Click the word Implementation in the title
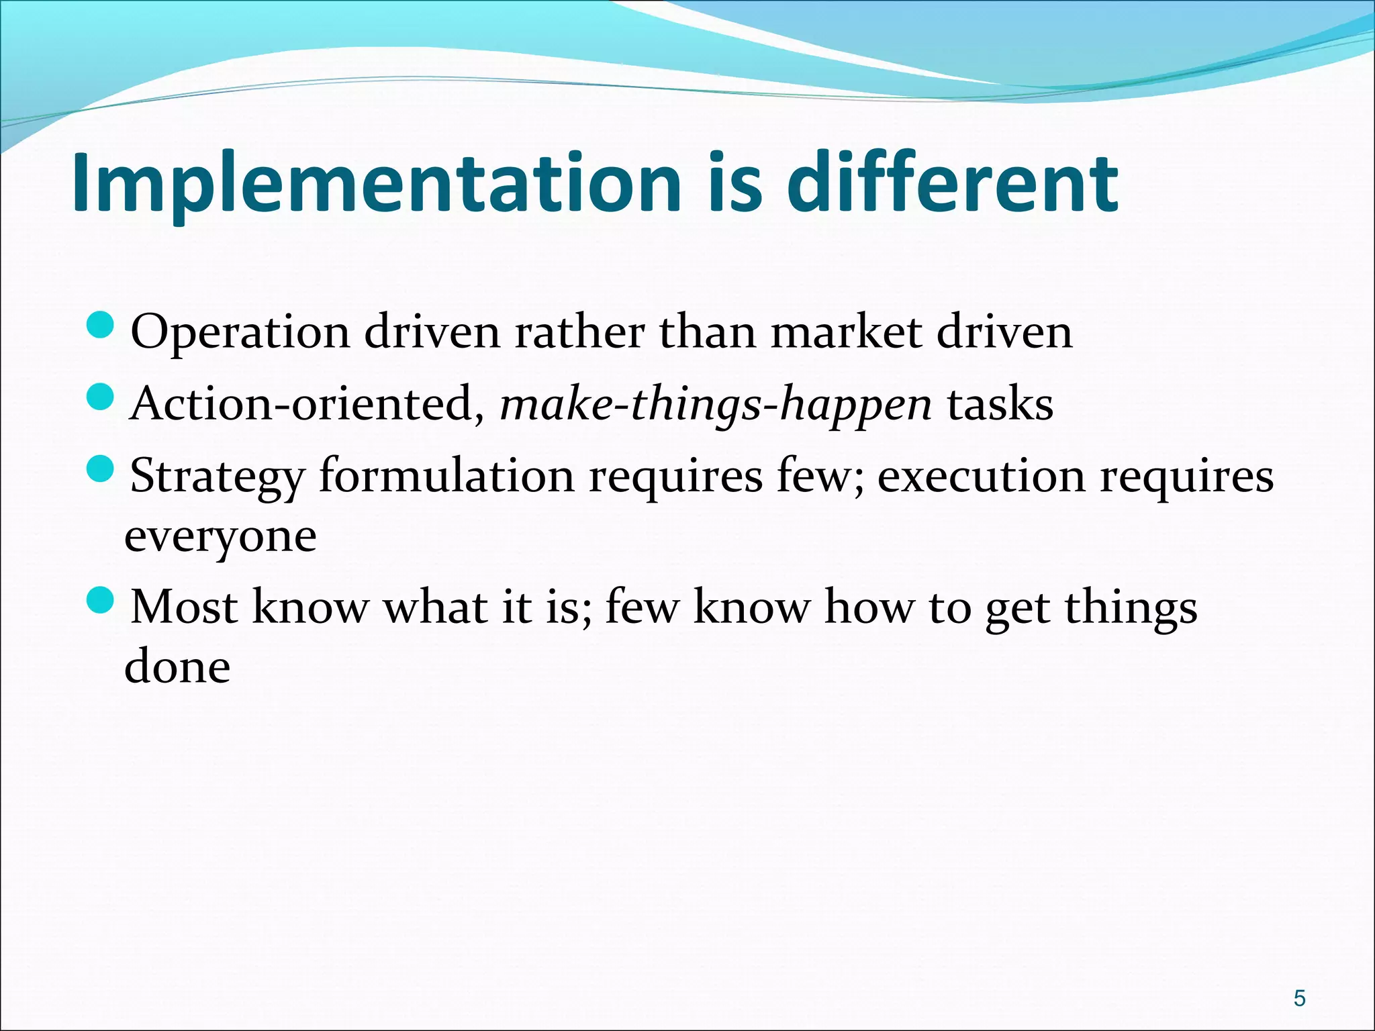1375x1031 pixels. point(376,185)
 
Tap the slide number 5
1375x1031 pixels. point(1300,998)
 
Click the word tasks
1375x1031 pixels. point(1000,405)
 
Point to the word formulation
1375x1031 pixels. point(446,476)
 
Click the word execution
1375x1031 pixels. point(981,476)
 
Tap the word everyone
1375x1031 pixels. point(220,538)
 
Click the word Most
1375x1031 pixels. point(183,607)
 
